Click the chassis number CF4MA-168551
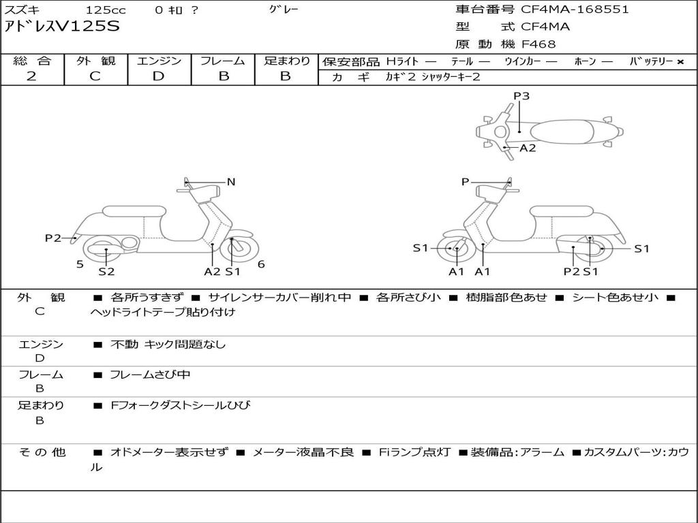point(575,10)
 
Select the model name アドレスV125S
point(62,27)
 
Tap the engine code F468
point(538,44)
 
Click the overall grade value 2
point(31,76)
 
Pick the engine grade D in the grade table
point(158,76)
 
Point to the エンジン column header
point(159,61)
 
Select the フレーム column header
point(223,61)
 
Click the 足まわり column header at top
point(286,61)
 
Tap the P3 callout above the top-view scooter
point(521,96)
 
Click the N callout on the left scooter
point(231,182)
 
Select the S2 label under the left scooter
point(106,272)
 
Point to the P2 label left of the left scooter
point(53,238)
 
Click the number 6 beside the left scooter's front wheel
point(261,264)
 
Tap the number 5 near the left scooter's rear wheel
point(80,264)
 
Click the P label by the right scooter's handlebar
point(465,182)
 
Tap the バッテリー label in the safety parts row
point(651,61)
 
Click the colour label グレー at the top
point(284,10)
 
